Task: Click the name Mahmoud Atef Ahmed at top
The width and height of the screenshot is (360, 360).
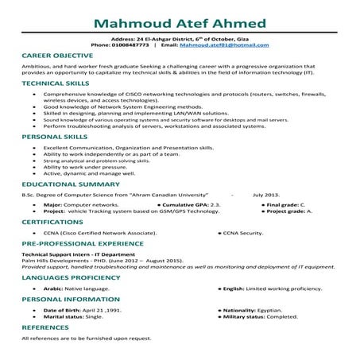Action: [x=180, y=17]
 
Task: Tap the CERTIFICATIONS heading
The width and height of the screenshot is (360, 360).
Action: [x=48, y=223]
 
